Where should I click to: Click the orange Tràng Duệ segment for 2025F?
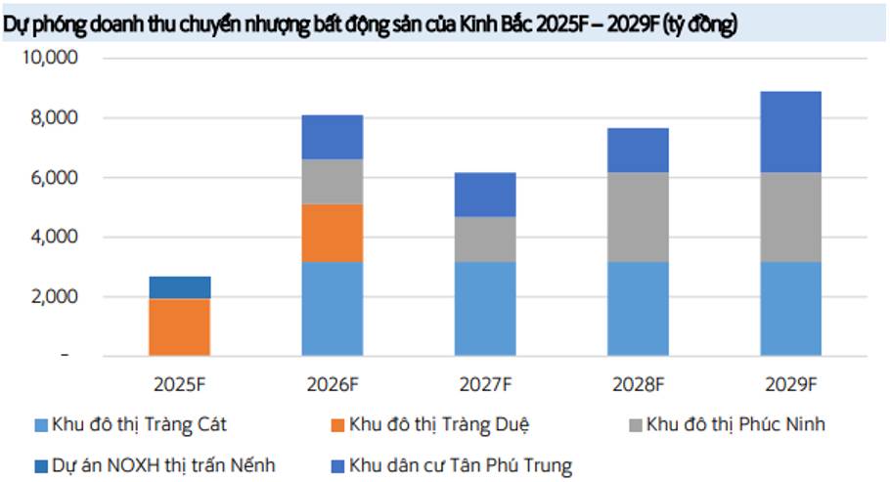180,327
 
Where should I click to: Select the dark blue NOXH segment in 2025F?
180,287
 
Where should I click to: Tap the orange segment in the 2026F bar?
333,233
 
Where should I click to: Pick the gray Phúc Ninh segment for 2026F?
333,181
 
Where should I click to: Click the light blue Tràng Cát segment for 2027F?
485,308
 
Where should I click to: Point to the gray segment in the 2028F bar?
638,217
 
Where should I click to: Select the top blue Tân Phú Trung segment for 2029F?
790,132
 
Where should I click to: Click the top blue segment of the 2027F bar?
485,195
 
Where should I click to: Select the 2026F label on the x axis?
333,382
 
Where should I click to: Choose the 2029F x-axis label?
790,382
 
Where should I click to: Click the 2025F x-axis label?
180,382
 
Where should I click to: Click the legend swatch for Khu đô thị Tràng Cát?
41,425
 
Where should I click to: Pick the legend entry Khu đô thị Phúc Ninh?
742,424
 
